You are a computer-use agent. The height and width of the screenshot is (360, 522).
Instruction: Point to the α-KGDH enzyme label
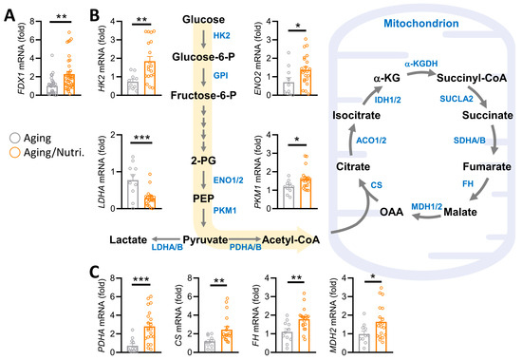point(420,64)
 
